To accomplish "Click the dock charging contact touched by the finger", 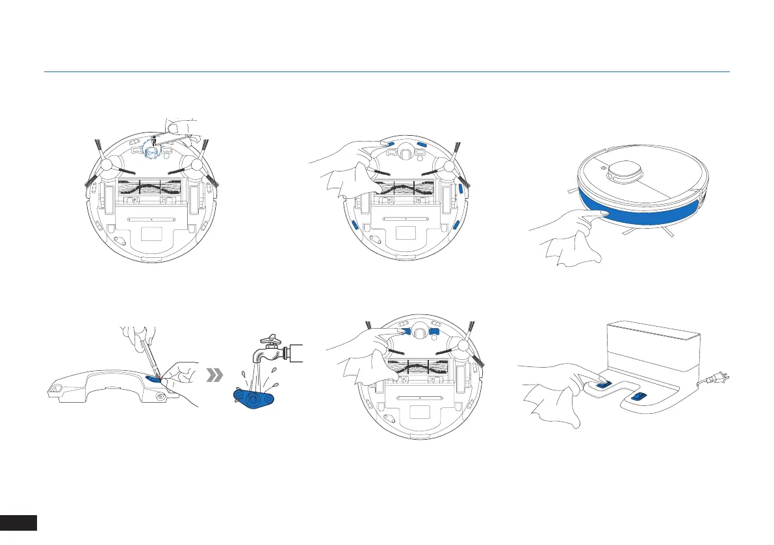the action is coord(602,385).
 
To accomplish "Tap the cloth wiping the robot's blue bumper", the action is coord(571,250).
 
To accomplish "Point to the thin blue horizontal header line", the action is coord(387,72).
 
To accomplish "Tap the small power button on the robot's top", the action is coord(604,166).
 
